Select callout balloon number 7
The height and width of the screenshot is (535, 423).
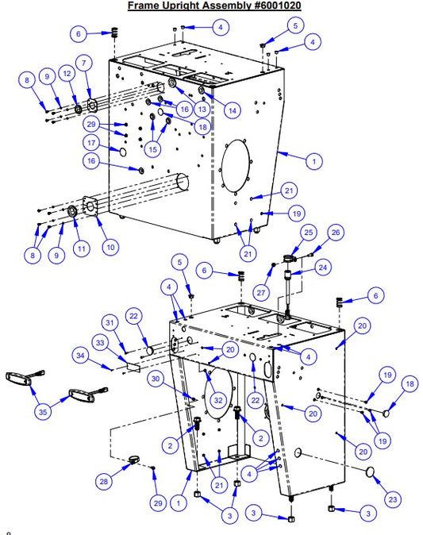[x=83, y=63]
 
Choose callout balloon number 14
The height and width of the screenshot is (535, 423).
[x=232, y=112]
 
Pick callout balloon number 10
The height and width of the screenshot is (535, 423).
[x=110, y=247]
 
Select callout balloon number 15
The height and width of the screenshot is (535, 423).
[x=152, y=148]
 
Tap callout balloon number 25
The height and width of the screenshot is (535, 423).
[x=308, y=232]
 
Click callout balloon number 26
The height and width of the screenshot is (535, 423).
[x=336, y=233]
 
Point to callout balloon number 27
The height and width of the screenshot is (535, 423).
[x=260, y=291]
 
